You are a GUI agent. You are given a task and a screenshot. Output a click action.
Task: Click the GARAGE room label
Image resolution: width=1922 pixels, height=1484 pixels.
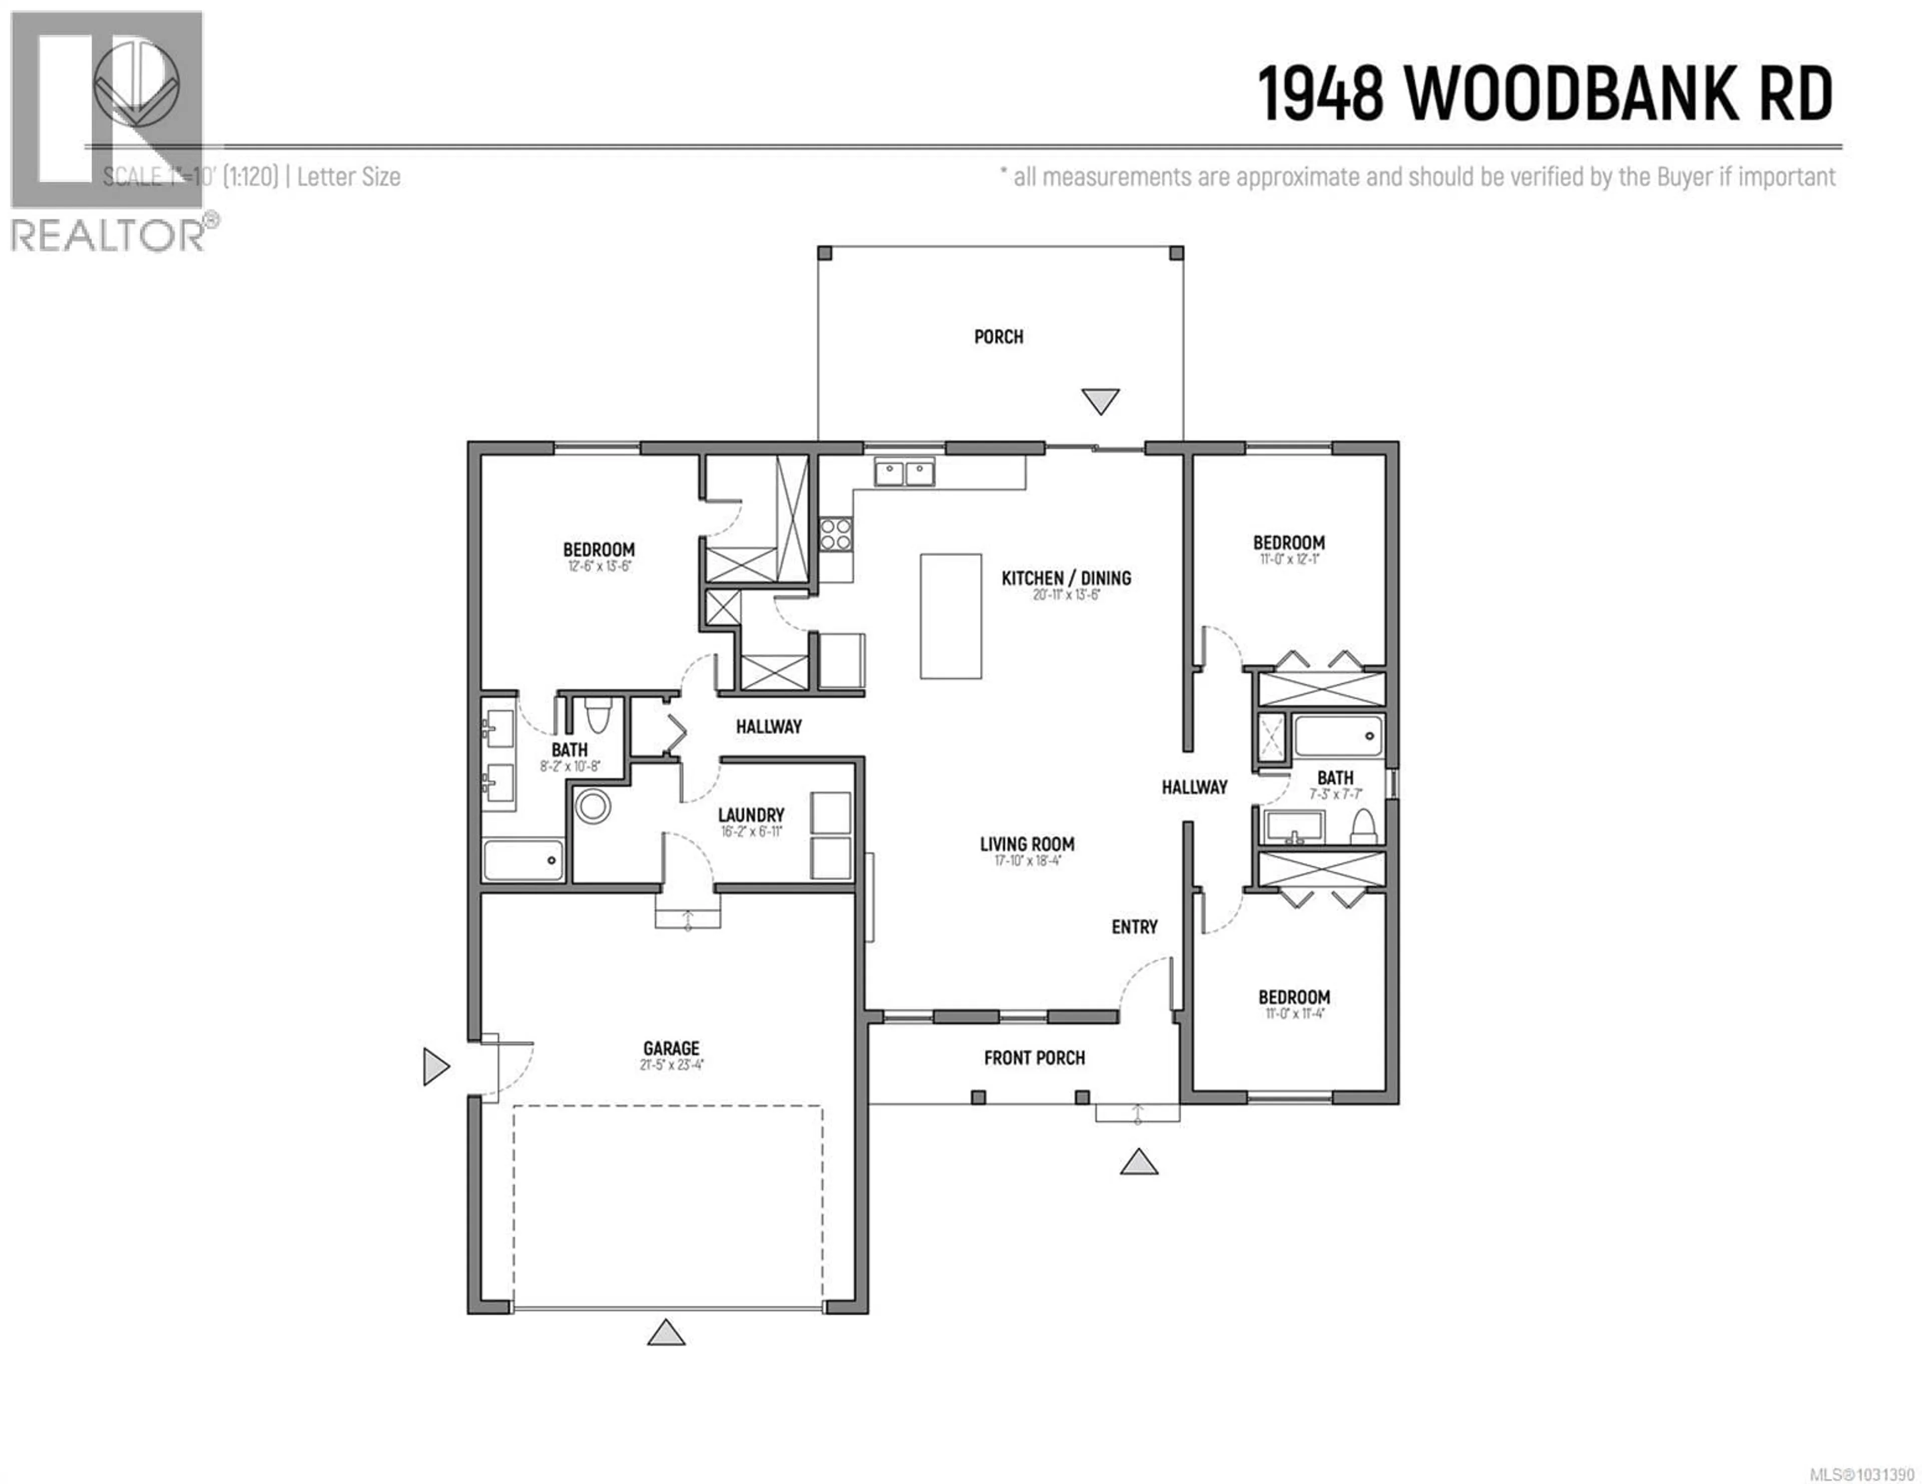(x=671, y=1048)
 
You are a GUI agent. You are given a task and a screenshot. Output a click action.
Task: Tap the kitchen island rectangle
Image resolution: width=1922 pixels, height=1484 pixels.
(x=950, y=616)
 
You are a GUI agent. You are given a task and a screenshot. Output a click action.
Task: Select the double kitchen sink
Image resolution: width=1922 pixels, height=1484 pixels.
(x=904, y=473)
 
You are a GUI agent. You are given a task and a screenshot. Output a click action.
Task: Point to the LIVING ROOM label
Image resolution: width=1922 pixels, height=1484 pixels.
(x=1027, y=844)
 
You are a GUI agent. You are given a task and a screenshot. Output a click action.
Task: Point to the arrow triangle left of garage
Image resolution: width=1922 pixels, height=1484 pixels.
(x=435, y=1066)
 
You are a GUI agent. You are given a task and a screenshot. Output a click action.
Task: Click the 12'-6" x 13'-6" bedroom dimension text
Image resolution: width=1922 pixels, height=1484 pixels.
(x=599, y=567)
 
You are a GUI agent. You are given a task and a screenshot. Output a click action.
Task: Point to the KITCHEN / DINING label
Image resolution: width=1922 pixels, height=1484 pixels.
(x=1066, y=578)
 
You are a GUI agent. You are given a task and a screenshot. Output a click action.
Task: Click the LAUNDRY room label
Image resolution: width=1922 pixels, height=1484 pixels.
(x=751, y=815)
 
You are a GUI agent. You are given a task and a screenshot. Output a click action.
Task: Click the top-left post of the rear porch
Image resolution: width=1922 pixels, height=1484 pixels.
(x=824, y=254)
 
